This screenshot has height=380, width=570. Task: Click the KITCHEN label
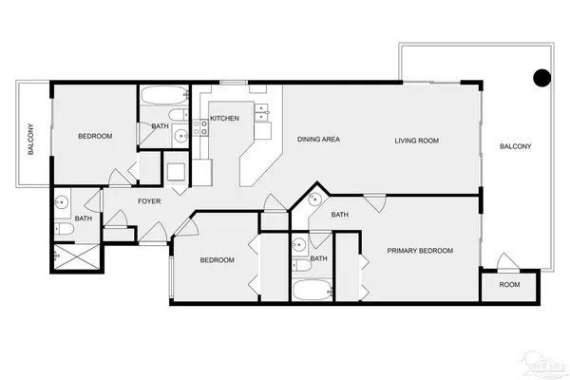(224, 118)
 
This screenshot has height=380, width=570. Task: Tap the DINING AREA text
(318, 140)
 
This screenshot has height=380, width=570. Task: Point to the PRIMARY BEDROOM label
(419, 251)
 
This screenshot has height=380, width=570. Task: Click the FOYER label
(148, 201)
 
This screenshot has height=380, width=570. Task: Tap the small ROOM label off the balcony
(510, 285)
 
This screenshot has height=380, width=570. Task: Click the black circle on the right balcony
(541, 78)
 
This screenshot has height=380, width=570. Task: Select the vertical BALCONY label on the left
(31, 140)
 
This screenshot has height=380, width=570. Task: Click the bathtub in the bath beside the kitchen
(163, 97)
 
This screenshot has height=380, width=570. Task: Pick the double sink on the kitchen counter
(263, 110)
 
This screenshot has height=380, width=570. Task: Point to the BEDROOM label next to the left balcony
(95, 137)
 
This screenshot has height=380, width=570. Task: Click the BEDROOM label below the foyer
(217, 260)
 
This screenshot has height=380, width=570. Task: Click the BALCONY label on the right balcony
(515, 146)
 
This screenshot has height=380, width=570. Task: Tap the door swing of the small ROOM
(504, 260)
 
